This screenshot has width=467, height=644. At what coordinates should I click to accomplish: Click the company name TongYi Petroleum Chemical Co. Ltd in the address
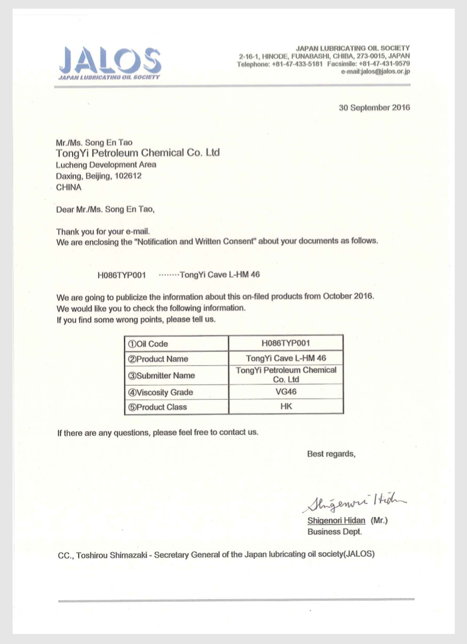click(138, 153)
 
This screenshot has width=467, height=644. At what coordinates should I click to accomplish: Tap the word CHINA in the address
click(69, 187)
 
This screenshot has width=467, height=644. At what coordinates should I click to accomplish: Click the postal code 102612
click(128, 176)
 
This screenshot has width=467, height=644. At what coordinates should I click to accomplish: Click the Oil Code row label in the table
click(148, 344)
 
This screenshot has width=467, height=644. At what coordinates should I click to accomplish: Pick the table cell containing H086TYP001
click(286, 343)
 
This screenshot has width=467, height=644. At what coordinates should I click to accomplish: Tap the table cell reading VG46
click(286, 392)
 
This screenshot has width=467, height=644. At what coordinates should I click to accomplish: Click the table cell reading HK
click(286, 406)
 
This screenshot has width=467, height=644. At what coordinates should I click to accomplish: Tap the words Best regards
click(331, 454)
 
